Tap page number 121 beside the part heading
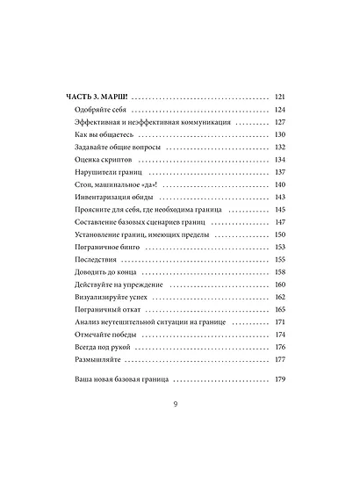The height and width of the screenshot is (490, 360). coord(281,97)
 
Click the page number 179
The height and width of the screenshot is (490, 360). coord(281,380)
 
